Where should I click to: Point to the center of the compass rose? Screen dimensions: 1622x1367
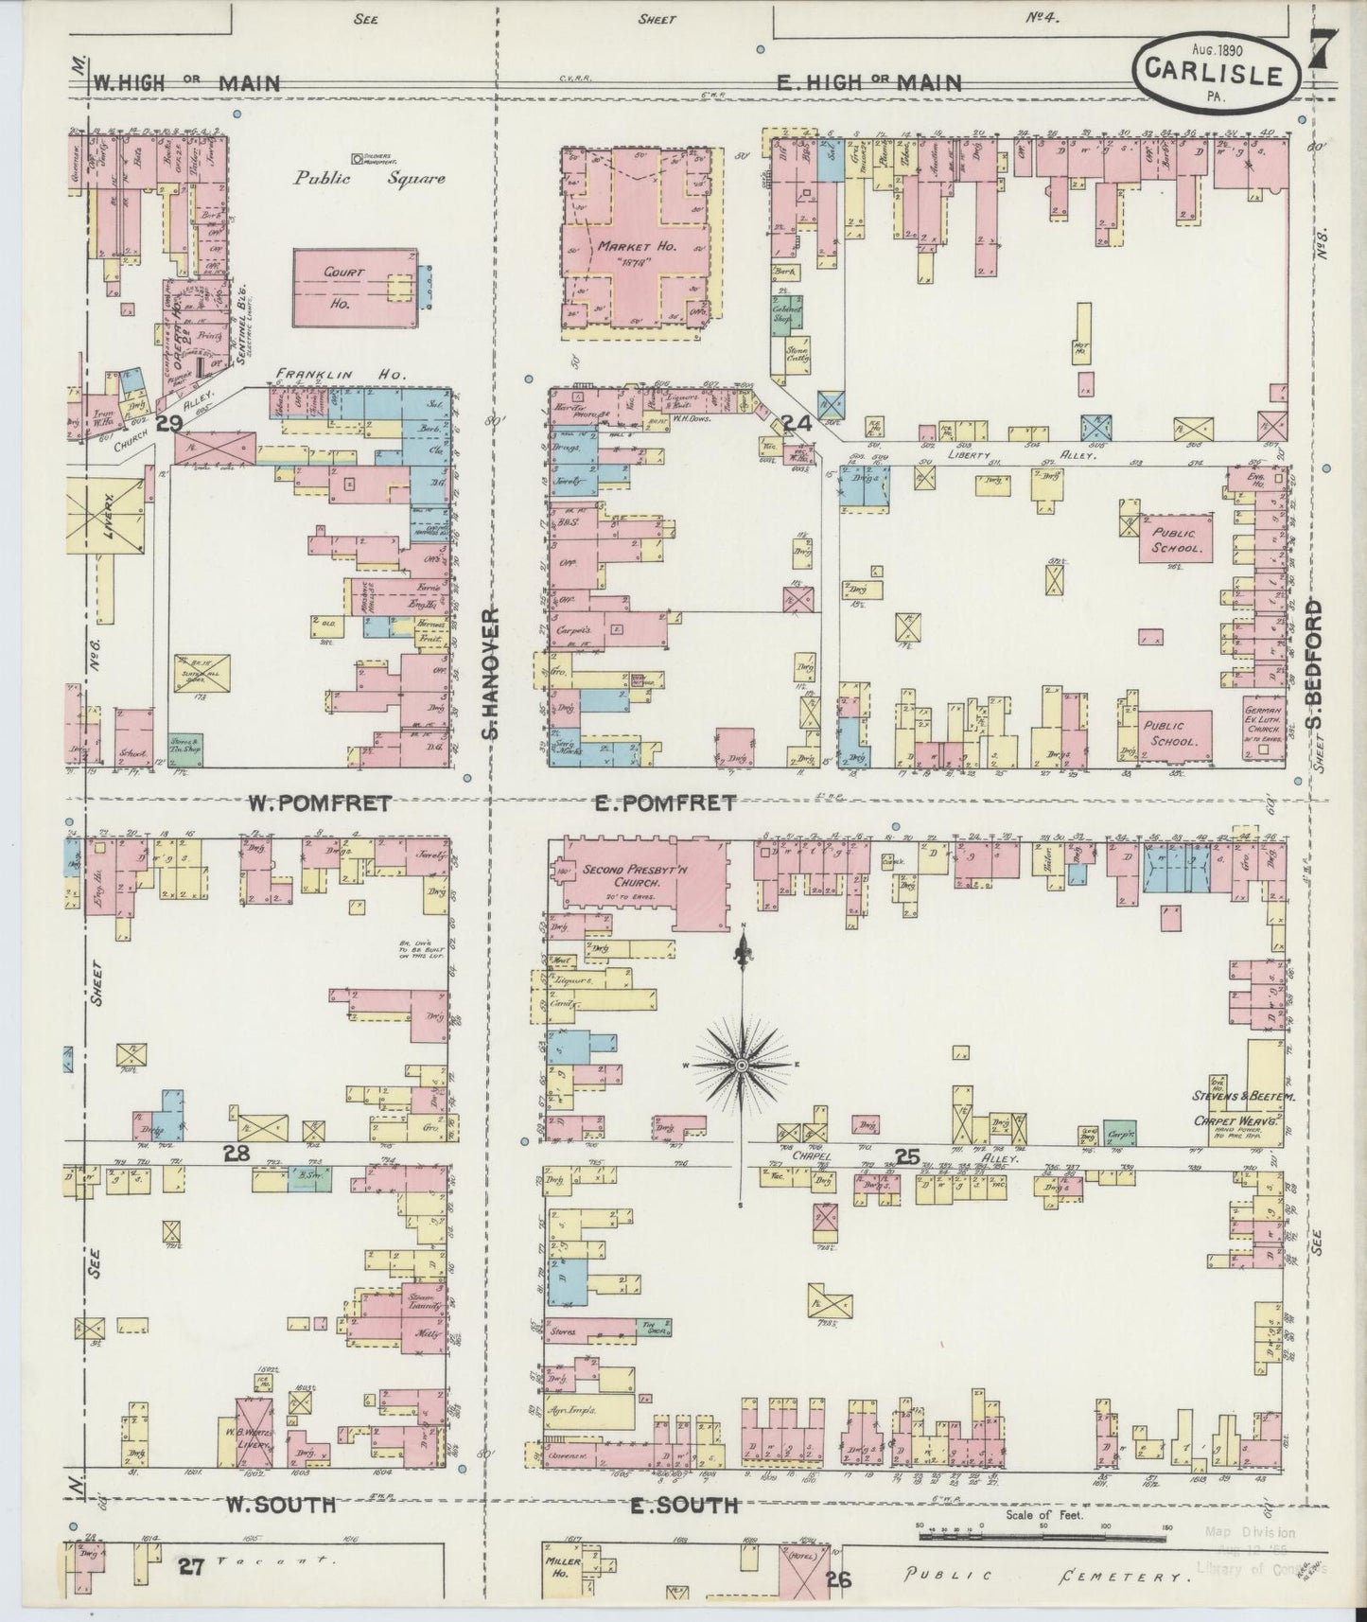[x=743, y=1067]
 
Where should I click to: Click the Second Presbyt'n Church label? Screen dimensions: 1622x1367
[x=626, y=876]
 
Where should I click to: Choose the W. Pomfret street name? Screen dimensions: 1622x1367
[x=320, y=803]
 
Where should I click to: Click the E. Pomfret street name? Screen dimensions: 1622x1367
[x=665, y=803]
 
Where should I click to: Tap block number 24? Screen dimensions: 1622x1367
[x=797, y=425]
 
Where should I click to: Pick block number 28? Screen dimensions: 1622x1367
[x=237, y=1153]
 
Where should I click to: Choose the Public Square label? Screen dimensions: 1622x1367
[x=368, y=177]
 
